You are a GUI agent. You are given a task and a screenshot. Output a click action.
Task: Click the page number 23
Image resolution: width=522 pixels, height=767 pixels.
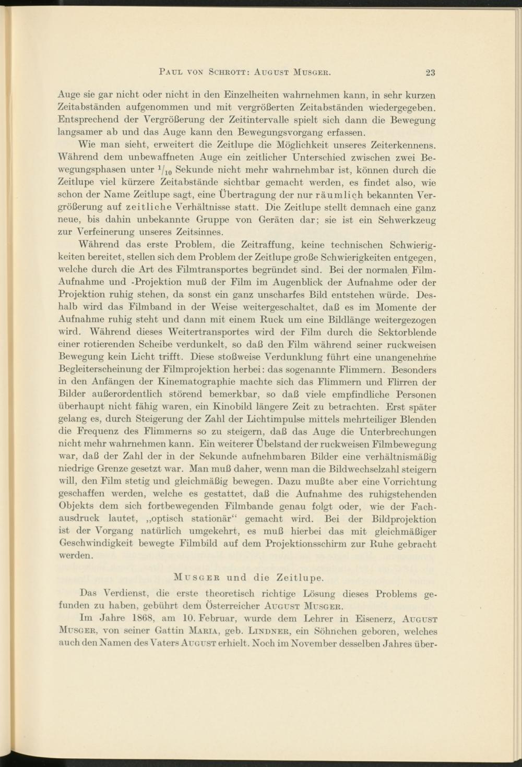pos(431,73)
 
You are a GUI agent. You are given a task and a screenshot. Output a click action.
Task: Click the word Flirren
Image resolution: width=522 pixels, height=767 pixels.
pos(391,382)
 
